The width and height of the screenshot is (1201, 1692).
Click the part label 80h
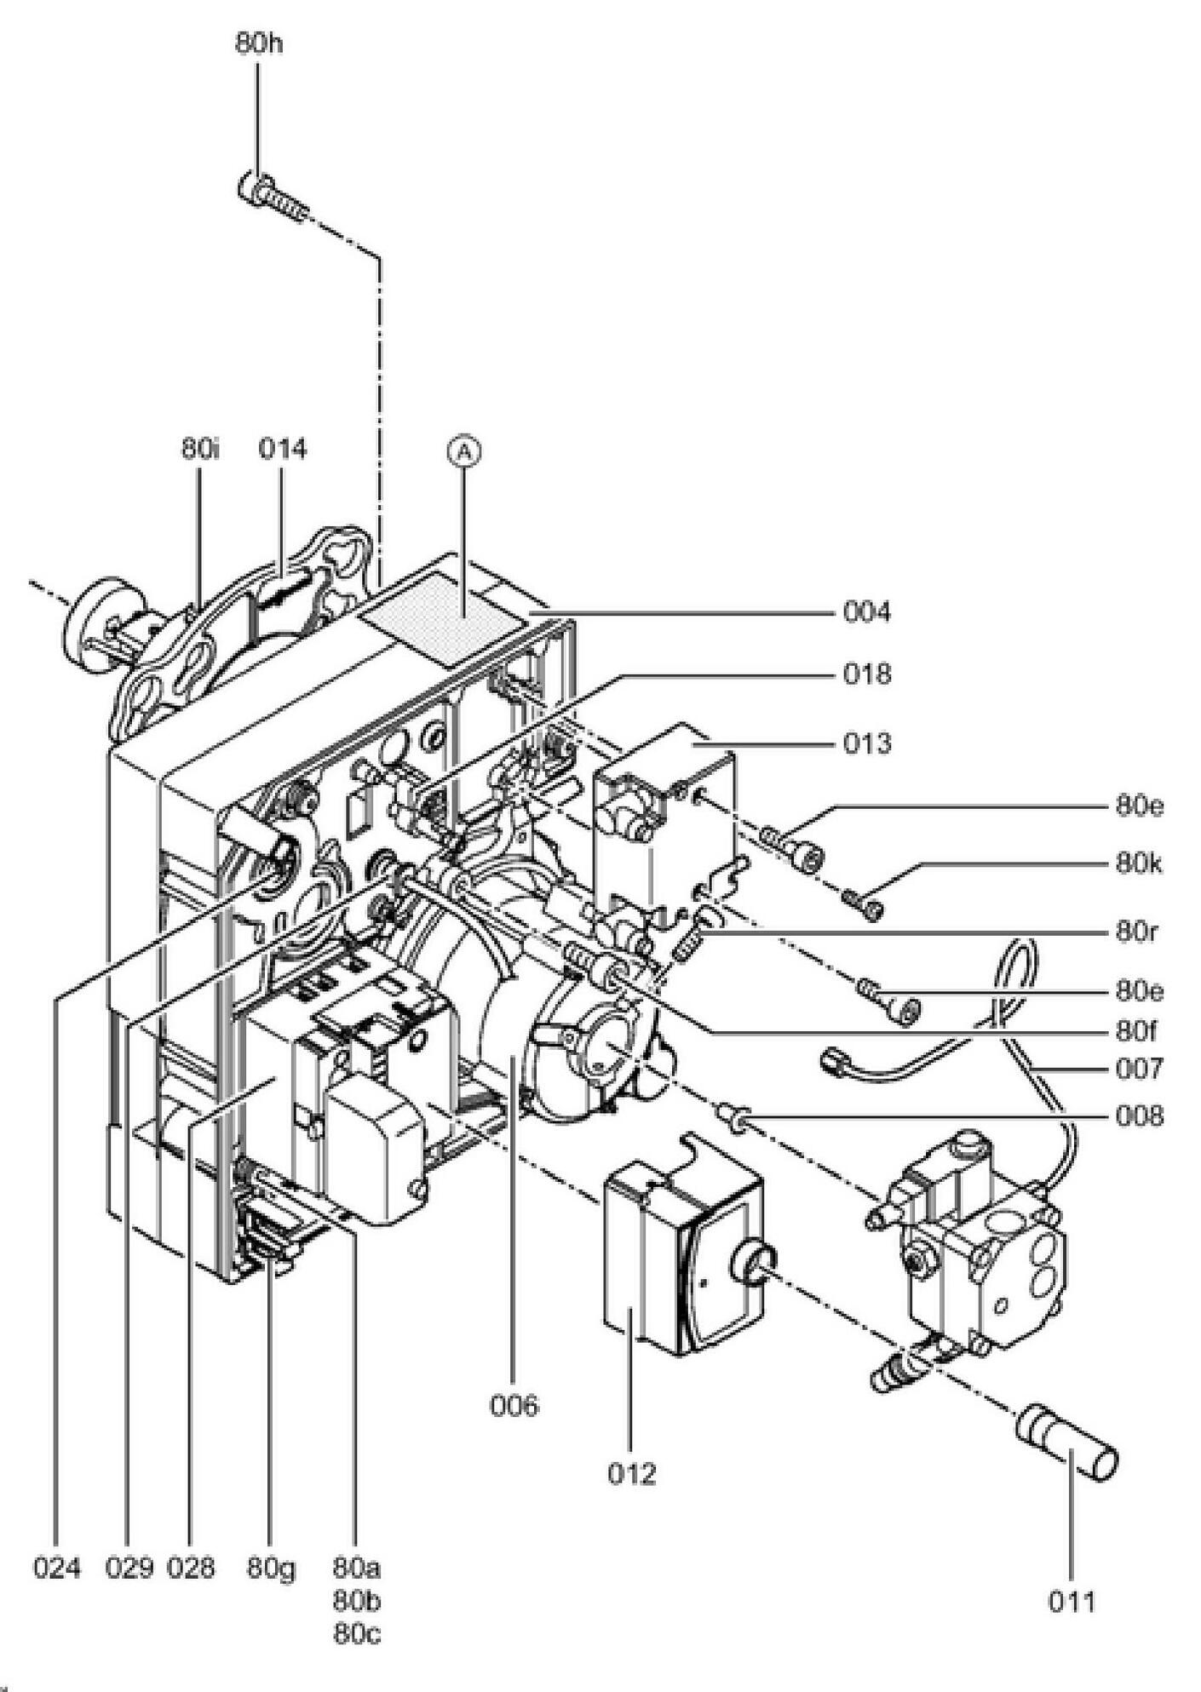coord(259,44)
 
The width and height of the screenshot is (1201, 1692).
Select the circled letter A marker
coord(464,452)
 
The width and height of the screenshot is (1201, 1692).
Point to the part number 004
coord(867,612)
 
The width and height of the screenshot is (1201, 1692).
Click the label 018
coord(867,674)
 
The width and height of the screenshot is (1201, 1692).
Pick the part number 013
coord(867,743)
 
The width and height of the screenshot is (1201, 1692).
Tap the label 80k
coord(1140,863)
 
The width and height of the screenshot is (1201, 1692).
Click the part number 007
coord(1140,1068)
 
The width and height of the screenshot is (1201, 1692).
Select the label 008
coord(1140,1116)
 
